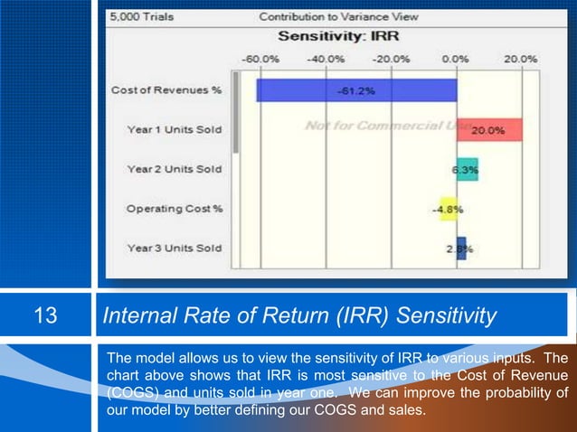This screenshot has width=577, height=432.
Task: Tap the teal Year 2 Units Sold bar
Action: [x=467, y=169]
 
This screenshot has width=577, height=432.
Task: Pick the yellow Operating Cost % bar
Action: [x=447, y=209]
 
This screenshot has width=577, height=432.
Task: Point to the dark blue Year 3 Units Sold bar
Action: [x=461, y=248]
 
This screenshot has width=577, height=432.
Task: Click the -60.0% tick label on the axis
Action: [x=260, y=59]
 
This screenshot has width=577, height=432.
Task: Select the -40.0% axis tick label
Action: [x=326, y=59]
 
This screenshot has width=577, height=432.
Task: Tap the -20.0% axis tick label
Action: [x=391, y=59]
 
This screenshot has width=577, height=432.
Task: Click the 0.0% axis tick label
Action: [x=454, y=59]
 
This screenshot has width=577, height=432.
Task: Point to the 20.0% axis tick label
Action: [x=520, y=59]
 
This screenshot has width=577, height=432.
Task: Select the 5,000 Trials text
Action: [x=137, y=17]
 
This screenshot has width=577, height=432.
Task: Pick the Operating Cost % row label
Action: [x=174, y=209]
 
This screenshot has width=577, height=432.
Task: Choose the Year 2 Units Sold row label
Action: [x=174, y=169]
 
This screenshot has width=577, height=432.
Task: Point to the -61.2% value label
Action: [x=356, y=91]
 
